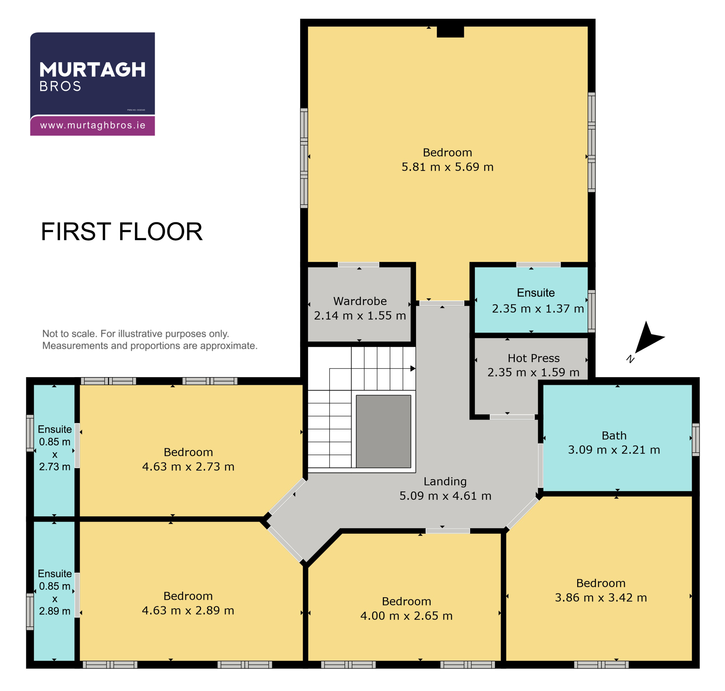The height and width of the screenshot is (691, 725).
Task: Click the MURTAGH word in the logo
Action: (92, 70)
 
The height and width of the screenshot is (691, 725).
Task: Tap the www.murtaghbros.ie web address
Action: (93, 125)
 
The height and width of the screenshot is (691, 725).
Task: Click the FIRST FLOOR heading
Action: (121, 232)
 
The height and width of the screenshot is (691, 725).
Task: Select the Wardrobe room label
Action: (360, 301)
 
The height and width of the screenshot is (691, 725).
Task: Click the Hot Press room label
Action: (534, 358)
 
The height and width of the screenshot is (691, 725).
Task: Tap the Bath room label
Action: (614, 435)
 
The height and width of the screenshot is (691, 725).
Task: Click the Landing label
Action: (445, 481)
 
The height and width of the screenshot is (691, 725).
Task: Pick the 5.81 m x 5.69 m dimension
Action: (447, 167)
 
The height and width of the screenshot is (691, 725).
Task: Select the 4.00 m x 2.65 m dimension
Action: (406, 616)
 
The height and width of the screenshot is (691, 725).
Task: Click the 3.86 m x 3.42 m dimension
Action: (601, 598)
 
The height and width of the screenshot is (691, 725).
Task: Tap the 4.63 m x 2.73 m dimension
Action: (188, 467)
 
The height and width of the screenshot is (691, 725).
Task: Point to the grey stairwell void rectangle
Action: (383, 431)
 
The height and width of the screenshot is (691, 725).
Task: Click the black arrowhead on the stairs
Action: (413, 368)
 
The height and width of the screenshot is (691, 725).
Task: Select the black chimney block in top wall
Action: (450, 32)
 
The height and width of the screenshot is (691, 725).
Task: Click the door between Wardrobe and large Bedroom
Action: (358, 264)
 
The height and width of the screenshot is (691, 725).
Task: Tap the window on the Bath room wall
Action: (695, 439)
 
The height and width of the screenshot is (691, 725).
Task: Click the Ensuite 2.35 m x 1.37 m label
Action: (538, 301)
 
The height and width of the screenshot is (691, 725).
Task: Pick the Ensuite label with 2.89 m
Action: (54, 592)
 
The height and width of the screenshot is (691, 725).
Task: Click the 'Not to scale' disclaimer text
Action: (150, 340)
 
